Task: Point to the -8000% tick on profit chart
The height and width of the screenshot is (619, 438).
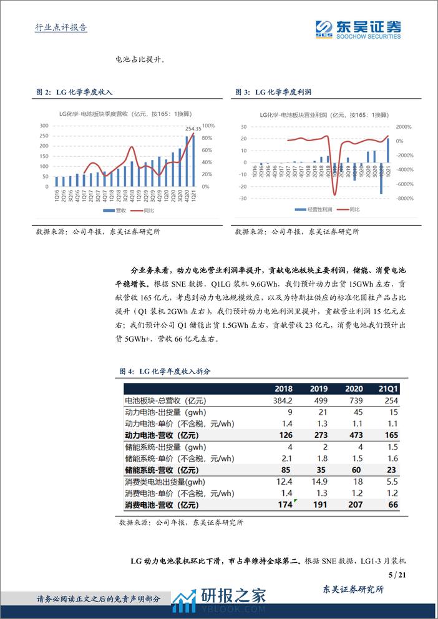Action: click(x=404, y=198)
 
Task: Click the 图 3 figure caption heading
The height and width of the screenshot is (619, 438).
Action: click(x=273, y=92)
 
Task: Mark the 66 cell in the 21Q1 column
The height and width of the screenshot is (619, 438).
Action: click(x=392, y=505)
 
